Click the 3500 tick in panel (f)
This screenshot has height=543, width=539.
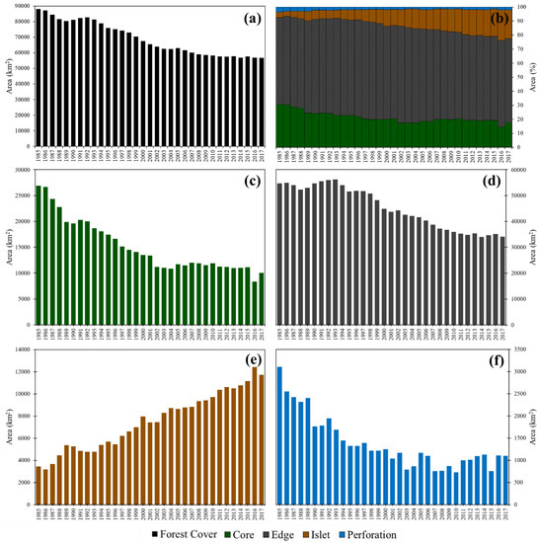point(519,350)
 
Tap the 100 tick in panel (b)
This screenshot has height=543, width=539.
point(518,8)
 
